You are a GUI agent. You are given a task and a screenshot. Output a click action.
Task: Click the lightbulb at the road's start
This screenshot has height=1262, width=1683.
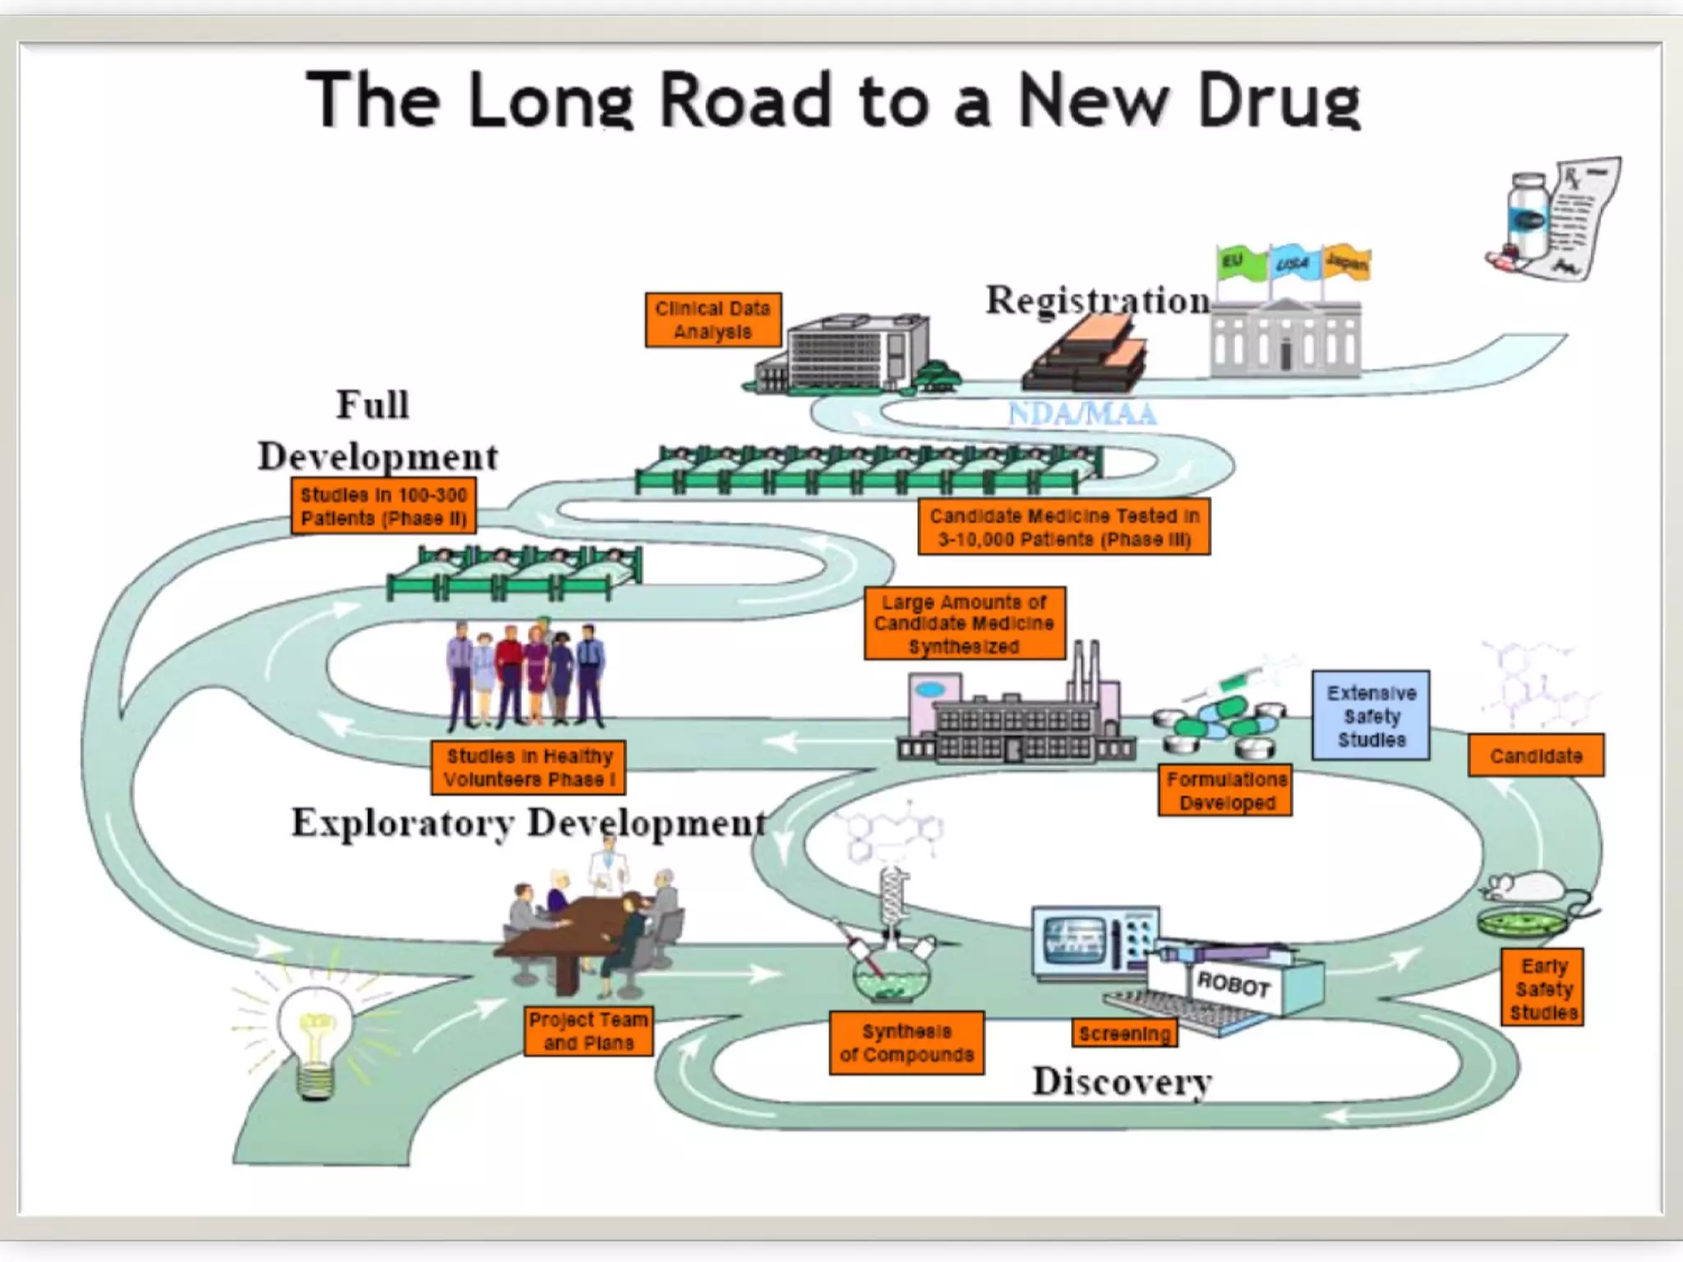[x=316, y=1035]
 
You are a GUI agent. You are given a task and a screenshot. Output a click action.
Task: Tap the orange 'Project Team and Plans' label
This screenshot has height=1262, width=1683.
[x=588, y=1031]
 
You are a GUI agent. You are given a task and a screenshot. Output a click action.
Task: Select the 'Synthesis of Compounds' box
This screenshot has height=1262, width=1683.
[x=906, y=1043]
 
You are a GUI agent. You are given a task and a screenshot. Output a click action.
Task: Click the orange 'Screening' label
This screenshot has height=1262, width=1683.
[x=1124, y=1034]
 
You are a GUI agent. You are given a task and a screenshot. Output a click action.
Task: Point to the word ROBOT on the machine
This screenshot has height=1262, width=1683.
[x=1233, y=983]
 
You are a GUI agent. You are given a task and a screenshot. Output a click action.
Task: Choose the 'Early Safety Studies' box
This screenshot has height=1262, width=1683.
[x=1542, y=988]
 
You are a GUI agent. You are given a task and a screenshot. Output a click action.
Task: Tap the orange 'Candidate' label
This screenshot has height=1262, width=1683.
[x=1535, y=756]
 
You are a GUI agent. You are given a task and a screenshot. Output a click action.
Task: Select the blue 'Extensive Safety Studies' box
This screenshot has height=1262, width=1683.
[x=1371, y=716]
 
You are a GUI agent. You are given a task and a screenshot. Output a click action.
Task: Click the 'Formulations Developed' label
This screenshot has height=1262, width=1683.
[x=1225, y=790]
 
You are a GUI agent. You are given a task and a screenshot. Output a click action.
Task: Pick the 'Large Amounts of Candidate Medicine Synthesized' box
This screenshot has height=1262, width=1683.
[x=964, y=624]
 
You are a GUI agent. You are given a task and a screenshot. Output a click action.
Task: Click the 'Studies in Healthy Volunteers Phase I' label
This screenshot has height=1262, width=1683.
[x=528, y=767]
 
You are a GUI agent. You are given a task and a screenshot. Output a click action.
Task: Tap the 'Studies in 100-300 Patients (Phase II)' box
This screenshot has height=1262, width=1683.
[x=384, y=506]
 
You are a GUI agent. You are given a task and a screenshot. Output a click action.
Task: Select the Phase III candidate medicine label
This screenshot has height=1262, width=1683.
[x=1063, y=527]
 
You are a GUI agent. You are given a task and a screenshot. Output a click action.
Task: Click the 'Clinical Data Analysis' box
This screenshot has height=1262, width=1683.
[x=712, y=320]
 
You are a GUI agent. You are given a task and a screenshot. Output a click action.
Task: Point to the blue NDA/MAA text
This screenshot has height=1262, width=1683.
[x=1082, y=413]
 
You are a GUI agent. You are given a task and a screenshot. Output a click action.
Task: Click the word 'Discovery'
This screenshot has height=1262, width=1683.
[x=1122, y=1081]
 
